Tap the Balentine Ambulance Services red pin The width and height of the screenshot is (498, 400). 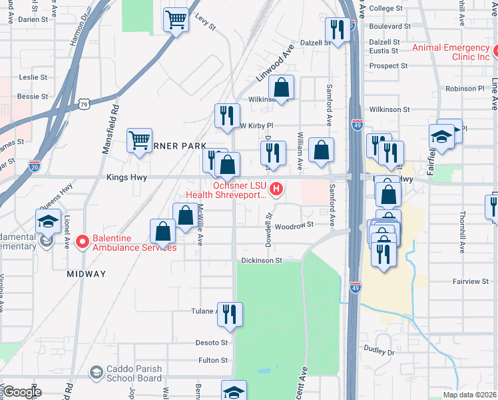[82, 241]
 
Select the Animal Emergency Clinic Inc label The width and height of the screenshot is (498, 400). [451, 52]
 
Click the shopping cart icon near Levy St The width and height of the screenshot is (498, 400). [176, 20]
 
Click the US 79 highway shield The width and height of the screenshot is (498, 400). [83, 104]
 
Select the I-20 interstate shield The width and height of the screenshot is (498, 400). [34, 167]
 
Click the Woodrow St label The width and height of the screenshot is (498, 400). [294, 225]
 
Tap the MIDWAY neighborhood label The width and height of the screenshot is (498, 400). [87, 274]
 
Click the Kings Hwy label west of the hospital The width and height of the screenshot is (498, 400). [126, 177]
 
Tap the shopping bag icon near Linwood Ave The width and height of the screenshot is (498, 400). [282, 88]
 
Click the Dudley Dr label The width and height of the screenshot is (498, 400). [379, 349]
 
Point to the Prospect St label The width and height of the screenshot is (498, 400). [388, 66]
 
